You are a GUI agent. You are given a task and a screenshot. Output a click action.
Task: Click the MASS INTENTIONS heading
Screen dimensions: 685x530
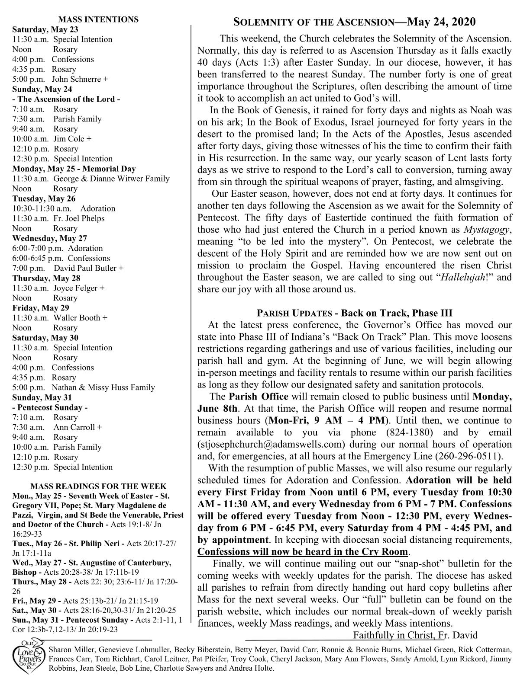pyautogui.click(x=98, y=19)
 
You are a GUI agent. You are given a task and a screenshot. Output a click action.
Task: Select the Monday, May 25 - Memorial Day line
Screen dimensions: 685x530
pyautogui.click(x=74, y=169)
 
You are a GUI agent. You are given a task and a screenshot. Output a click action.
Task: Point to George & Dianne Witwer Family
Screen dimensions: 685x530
pyautogui.click(x=111, y=179)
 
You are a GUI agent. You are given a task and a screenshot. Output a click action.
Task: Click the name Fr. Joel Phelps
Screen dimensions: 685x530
pyautogui.click(x=79, y=218)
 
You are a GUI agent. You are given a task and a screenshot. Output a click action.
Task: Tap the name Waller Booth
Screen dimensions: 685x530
pyautogui.click(x=77, y=318)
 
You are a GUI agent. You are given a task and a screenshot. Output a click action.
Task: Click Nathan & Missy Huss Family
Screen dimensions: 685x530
pyautogui.click(x=103, y=387)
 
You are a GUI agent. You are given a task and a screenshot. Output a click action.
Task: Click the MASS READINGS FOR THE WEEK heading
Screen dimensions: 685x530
pyautogui.click(x=98, y=487)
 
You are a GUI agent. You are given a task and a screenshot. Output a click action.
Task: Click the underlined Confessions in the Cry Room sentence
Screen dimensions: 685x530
pyautogui.click(x=303, y=552)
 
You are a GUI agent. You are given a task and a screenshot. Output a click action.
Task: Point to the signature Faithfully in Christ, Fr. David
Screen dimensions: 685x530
pyautogui.click(x=415, y=635)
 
